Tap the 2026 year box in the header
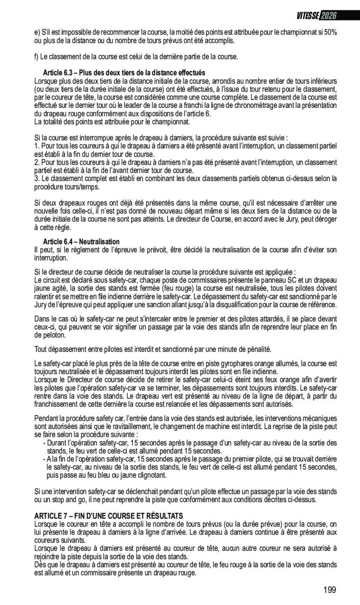pyautogui.click(x=328, y=16)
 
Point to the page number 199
pyautogui.click(x=329, y=590)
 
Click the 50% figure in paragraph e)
pyautogui.click(x=330, y=33)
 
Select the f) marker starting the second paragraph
pyautogui.click(x=37, y=57)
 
